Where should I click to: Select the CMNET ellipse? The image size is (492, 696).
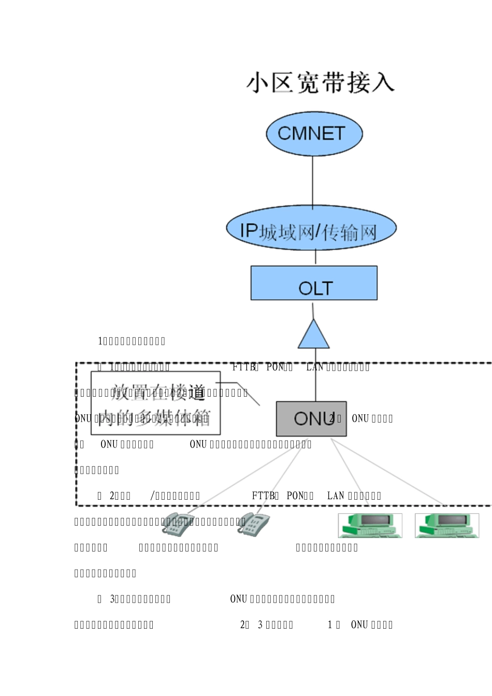click(314, 134)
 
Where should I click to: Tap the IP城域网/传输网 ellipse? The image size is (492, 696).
click(311, 229)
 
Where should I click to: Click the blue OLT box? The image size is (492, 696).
click(314, 283)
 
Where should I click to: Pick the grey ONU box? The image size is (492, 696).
click(311, 418)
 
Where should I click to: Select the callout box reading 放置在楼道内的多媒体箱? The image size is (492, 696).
click(155, 403)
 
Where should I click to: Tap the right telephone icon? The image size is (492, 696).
click(254, 524)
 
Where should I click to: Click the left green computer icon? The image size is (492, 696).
click(370, 525)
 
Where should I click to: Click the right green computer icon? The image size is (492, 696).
click(446, 525)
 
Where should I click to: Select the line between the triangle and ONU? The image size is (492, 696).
click(315, 375)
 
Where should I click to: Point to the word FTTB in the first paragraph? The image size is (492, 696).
click(243, 367)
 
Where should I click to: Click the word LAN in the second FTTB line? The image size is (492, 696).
click(335, 496)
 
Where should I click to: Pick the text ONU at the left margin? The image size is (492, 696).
click(83, 418)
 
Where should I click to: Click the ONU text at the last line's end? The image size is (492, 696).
click(359, 625)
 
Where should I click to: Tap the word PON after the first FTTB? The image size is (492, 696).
click(275, 367)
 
